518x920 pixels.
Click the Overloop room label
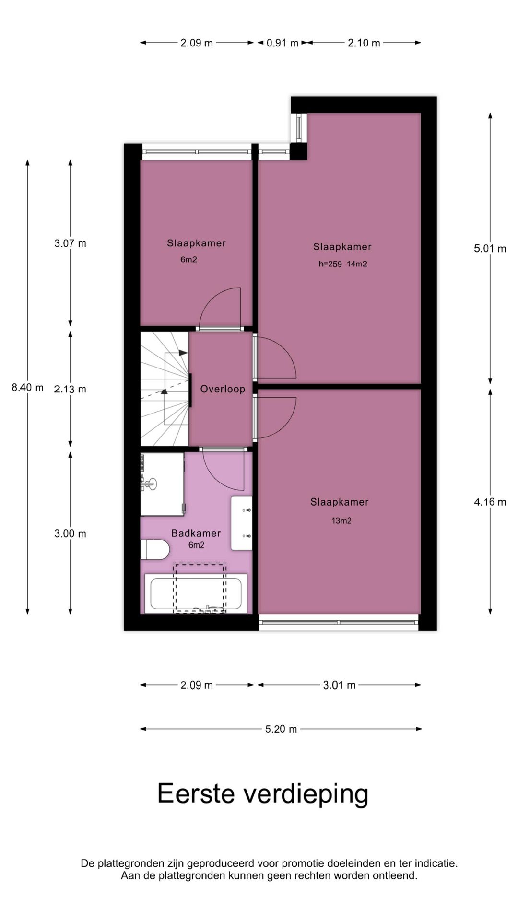223,389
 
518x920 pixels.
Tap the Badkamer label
196,533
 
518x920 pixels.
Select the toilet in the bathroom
155,549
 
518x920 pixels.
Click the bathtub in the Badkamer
196,594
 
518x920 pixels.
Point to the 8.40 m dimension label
27,388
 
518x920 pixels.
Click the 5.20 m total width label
281,729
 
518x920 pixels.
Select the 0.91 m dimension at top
283,43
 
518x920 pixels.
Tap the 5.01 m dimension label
490,249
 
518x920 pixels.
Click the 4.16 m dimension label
490,502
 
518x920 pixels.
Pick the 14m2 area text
357,264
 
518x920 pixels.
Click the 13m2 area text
341,521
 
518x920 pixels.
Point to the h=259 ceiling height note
330,264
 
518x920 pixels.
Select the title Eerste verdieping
263,794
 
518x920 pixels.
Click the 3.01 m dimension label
339,685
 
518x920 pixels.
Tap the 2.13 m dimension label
70,389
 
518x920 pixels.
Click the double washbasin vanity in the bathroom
241,523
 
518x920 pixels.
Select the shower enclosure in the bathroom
162,484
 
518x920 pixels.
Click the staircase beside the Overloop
164,389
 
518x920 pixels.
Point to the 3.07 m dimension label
70,243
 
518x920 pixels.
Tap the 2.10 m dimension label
364,43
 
